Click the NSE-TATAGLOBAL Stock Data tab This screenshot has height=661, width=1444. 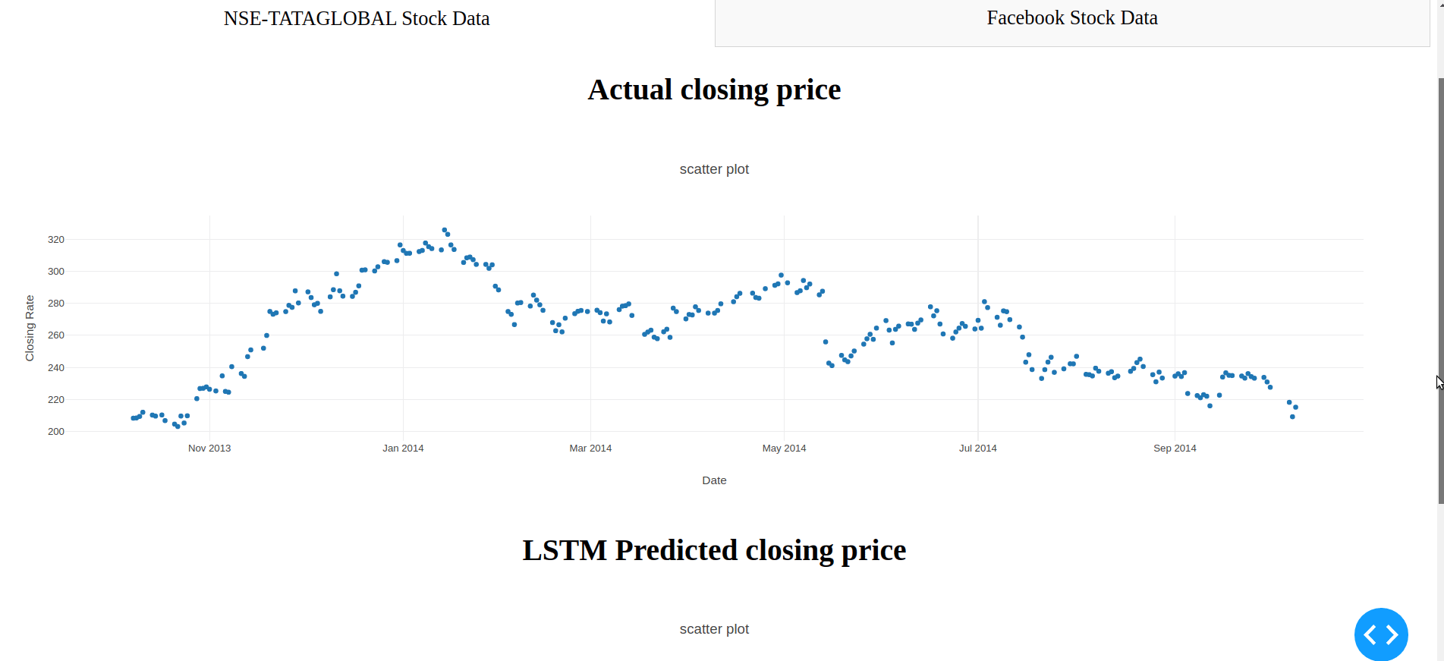(357, 19)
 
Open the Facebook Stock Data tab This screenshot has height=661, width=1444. (1071, 18)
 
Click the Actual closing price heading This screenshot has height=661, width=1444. (714, 90)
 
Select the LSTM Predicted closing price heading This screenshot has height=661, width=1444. (714, 550)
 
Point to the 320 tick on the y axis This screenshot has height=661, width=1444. (56, 240)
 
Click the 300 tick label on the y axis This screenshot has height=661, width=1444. (56, 272)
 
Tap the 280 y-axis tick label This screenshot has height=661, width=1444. (56, 304)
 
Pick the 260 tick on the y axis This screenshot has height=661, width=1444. (56, 335)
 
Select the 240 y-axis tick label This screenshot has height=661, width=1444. (56, 368)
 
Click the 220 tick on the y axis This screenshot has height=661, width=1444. (56, 400)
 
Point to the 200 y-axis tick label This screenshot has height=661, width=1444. (56, 432)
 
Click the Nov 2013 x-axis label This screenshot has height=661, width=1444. (209, 449)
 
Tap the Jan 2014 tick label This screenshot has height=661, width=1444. (403, 449)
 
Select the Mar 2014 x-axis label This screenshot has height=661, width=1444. (590, 449)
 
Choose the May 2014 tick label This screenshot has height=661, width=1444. (784, 449)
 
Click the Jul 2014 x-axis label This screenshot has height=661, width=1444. (977, 449)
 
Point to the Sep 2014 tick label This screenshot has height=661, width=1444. (1175, 449)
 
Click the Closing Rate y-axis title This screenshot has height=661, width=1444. (30, 328)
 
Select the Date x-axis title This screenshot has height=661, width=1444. (714, 480)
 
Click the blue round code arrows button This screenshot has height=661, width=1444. (1381, 634)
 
